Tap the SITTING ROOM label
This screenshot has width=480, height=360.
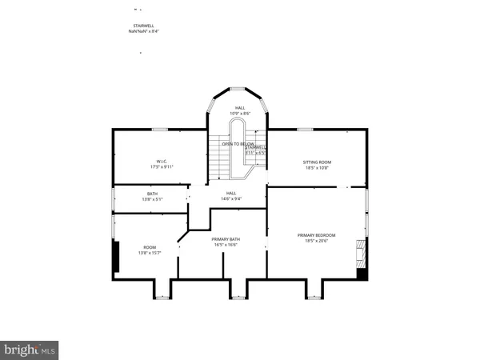316,162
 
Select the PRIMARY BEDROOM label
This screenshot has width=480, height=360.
316,235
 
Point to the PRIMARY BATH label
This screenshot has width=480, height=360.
226,239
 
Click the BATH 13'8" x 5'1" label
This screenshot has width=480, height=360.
151,194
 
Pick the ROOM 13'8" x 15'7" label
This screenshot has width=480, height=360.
150,247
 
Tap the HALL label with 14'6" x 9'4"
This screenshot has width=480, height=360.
231,193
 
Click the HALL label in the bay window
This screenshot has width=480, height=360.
240,107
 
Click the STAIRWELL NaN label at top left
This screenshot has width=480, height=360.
143,26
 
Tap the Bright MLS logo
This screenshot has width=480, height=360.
30,349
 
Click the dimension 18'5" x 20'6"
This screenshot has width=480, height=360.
316,241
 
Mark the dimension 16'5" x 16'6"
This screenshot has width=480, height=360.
226,245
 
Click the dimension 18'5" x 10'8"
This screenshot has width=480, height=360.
316,168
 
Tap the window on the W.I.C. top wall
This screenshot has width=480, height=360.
160,129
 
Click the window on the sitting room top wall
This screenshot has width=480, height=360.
305,129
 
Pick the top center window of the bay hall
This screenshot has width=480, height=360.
238,88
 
